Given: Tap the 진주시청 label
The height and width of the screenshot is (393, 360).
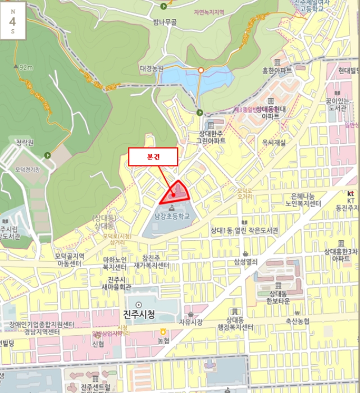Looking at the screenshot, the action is pos(138,313).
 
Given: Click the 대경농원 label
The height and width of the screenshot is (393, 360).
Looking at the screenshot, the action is pos(152,68).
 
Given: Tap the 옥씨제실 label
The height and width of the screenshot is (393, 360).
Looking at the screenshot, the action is pos(274,143).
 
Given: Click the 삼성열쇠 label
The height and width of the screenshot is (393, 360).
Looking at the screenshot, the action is pos(245,261).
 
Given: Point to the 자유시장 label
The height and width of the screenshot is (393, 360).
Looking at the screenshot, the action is pos(189,322).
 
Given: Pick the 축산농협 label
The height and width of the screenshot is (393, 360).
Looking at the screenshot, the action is pos(297,321).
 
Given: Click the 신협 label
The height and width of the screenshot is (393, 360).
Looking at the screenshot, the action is pos(98,344).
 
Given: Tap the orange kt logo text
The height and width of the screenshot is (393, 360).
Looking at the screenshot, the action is pos(350,193).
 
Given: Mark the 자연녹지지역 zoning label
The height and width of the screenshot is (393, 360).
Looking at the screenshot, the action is pos(209,12).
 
